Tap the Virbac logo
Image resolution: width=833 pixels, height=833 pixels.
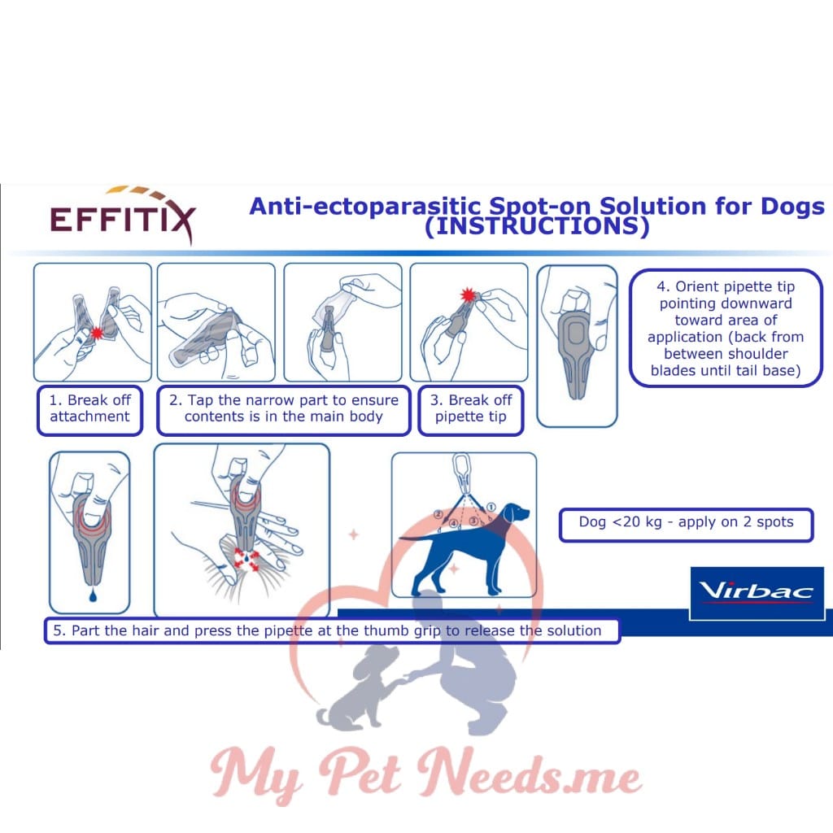757,591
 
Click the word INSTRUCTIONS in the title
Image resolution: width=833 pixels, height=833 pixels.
537,227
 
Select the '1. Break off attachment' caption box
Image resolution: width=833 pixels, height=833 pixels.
89,408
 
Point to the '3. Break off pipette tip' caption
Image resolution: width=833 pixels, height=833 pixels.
470,408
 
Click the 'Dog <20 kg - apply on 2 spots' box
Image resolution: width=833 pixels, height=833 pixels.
686,522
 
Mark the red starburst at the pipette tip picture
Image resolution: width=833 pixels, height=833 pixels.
468,294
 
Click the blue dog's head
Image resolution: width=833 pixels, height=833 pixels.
514,515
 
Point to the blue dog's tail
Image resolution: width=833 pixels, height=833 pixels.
419,536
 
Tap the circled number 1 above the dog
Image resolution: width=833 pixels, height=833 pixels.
491,506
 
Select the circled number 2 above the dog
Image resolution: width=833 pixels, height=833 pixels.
438,514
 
